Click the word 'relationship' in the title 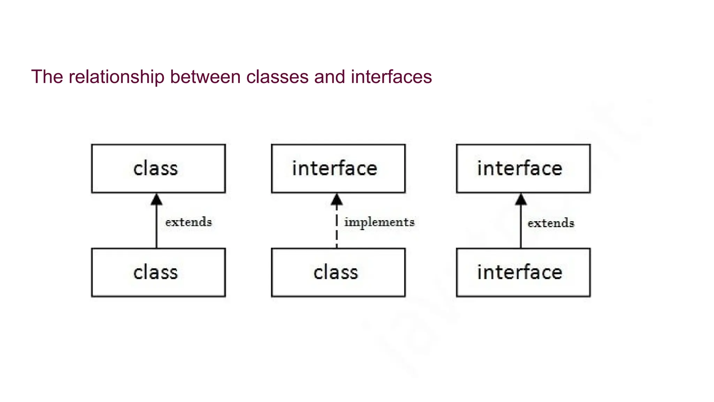[x=116, y=77]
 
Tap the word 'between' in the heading [x=205, y=77]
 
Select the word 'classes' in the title [x=278, y=77]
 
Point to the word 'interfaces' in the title [x=391, y=77]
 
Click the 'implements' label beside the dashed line [x=379, y=222]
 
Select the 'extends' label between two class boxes [x=189, y=222]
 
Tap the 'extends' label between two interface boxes [x=551, y=223]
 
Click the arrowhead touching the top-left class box [x=157, y=200]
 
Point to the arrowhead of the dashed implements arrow [x=336, y=200]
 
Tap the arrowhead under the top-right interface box [x=521, y=200]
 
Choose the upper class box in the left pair [x=158, y=169]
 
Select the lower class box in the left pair [x=158, y=272]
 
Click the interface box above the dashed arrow [x=338, y=169]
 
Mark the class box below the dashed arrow [x=338, y=272]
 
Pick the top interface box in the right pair [x=523, y=169]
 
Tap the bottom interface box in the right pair [x=523, y=272]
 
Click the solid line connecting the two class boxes [x=157, y=230]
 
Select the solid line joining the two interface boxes [x=521, y=230]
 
